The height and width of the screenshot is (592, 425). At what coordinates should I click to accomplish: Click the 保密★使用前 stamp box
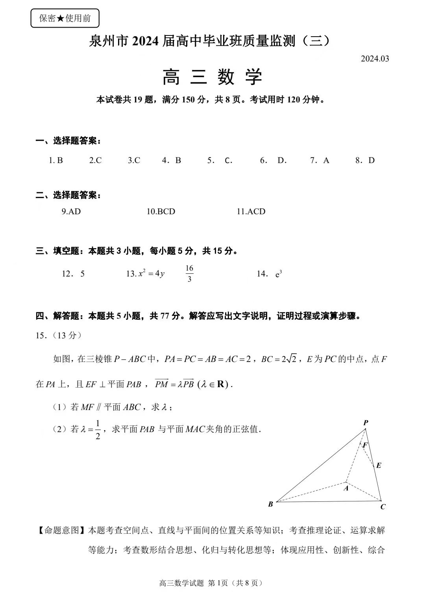click(x=65, y=18)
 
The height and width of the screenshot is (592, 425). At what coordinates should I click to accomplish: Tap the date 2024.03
click(x=375, y=59)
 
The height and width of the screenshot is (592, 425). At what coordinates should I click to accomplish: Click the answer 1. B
click(x=56, y=160)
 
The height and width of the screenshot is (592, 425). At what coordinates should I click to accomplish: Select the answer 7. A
click(x=320, y=160)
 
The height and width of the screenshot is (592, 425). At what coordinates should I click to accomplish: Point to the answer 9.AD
click(x=71, y=212)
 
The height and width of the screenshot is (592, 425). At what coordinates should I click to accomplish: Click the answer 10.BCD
click(x=161, y=212)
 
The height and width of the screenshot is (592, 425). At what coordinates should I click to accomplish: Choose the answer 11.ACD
click(x=251, y=212)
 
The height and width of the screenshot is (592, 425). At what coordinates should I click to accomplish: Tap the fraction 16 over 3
click(x=189, y=273)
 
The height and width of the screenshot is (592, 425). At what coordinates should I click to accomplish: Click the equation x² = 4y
click(x=151, y=273)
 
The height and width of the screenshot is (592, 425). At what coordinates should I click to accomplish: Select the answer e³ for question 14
click(x=279, y=274)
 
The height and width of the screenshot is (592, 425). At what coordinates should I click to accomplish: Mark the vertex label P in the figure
click(x=366, y=423)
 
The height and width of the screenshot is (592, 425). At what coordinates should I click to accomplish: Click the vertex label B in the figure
click(x=271, y=504)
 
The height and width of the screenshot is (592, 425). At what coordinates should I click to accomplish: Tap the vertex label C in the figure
click(x=383, y=507)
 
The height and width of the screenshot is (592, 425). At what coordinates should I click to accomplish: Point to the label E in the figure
click(x=379, y=465)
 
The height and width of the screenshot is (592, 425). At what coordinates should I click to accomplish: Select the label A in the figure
click(x=346, y=488)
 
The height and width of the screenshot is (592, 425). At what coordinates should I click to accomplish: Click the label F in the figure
click(x=365, y=445)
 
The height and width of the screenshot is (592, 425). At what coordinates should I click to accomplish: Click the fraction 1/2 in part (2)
click(x=98, y=429)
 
